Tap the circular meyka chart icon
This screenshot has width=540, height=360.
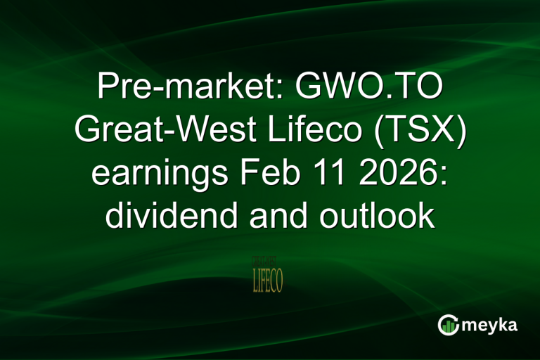pyautogui.click(x=449, y=326)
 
